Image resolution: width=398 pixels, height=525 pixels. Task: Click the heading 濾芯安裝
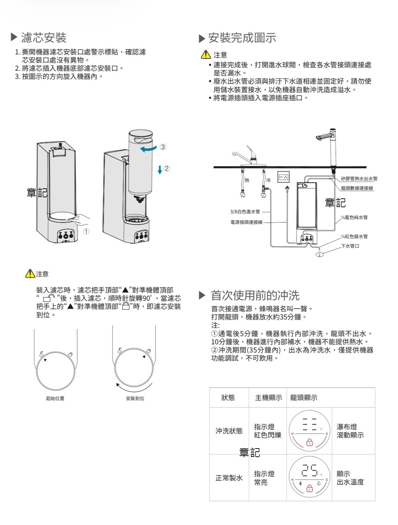pyautogui.click(x=44, y=38)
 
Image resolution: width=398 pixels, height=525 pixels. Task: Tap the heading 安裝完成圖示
pyautogui.click(x=242, y=38)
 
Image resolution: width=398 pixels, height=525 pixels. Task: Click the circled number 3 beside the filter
pyautogui.click(x=163, y=147)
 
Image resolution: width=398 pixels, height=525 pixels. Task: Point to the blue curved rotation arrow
pyautogui.click(x=148, y=149)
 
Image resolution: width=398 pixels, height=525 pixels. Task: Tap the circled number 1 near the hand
pyautogui.click(x=86, y=231)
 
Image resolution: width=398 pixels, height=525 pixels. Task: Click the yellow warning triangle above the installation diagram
pyautogui.click(x=205, y=55)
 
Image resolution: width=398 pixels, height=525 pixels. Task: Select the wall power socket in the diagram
pyautogui.click(x=284, y=177)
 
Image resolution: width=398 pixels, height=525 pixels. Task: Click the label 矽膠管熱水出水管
pyautogui.click(x=359, y=179)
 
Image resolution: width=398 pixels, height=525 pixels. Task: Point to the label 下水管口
pyautogui.click(x=350, y=246)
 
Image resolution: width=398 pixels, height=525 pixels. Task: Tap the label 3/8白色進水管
pyautogui.click(x=245, y=212)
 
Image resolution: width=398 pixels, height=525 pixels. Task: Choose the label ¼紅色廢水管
pyautogui.click(x=354, y=237)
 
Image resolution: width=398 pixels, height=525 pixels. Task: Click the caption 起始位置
pyautogui.click(x=55, y=398)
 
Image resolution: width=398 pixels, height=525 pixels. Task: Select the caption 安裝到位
pyautogui.click(x=135, y=398)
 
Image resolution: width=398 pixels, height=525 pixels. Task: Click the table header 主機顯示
pyautogui.click(x=268, y=397)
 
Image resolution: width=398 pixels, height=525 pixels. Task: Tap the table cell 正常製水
pyautogui.click(x=229, y=478)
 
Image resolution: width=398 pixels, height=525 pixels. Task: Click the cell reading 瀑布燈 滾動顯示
pyautogui.click(x=350, y=431)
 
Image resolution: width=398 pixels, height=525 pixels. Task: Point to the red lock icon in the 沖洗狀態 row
pyautogui.click(x=309, y=442)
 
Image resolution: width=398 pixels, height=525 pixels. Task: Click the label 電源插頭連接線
pyautogui.click(x=246, y=222)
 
